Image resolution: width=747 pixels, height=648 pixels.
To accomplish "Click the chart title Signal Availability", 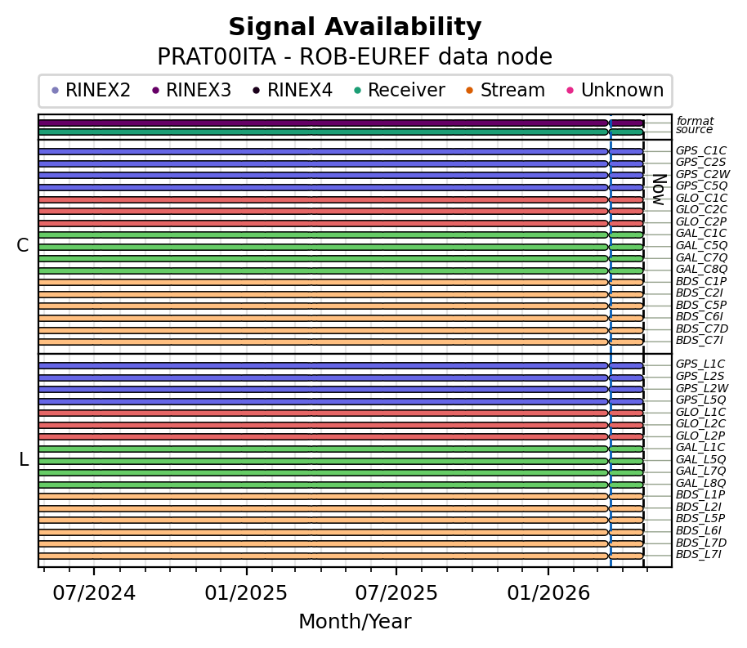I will [x=355, y=28].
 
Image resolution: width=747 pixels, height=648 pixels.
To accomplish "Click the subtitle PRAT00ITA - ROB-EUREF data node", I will [x=355, y=57].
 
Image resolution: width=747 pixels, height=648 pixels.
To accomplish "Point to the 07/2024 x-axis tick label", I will [x=94, y=592].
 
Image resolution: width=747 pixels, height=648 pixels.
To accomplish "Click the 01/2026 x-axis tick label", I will [x=548, y=592].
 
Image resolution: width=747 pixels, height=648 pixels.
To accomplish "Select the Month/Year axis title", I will [x=355, y=622].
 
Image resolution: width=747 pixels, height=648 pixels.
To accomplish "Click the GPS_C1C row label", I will [x=700, y=151].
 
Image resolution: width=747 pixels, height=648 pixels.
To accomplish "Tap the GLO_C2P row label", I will [x=700, y=222].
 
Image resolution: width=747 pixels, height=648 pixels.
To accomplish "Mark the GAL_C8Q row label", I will [x=700, y=270].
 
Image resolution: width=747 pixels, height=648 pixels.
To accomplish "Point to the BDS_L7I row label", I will [x=700, y=555].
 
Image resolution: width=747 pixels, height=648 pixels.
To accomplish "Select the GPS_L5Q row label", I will [x=700, y=400].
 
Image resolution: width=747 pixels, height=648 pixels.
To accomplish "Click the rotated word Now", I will [x=658, y=189].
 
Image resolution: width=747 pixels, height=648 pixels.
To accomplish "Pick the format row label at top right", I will [x=694, y=122].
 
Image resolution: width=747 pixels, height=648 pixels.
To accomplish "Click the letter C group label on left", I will [x=23, y=246].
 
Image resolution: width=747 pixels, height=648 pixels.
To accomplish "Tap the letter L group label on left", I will [x=24, y=460].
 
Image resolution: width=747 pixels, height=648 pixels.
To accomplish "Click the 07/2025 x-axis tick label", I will [x=396, y=592].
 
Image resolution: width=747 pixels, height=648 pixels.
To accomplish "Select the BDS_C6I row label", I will [x=699, y=317].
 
